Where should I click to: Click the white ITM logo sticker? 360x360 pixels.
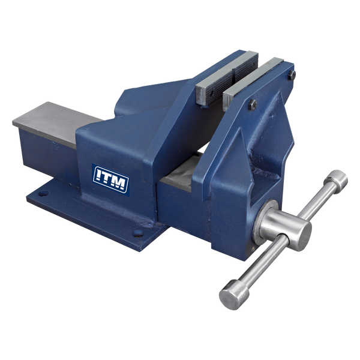pos(111,178)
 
